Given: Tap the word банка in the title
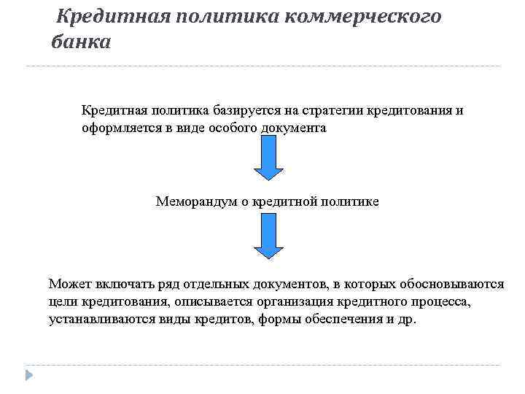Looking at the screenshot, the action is [x=81, y=42].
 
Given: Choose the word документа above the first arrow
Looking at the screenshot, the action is [x=290, y=128].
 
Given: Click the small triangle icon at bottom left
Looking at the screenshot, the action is [x=28, y=375].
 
